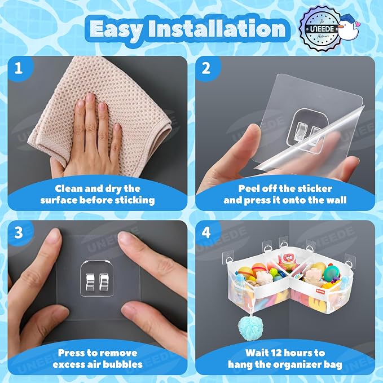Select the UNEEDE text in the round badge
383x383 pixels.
pyautogui.click(x=322, y=29)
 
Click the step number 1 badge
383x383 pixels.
pyautogui.click(x=19, y=68)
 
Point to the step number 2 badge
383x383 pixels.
pyautogui.click(x=206, y=68)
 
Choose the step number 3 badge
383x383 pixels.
pyautogui.click(x=19, y=232)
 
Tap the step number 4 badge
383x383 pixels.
pyautogui.click(x=206, y=232)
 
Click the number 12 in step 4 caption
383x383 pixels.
pyautogui.click(x=275, y=353)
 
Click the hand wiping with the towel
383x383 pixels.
pyautogui.click(x=93, y=137)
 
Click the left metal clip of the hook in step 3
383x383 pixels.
pyautogui.click(x=90, y=282)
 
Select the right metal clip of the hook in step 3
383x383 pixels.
pyautogui.click(x=104, y=282)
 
